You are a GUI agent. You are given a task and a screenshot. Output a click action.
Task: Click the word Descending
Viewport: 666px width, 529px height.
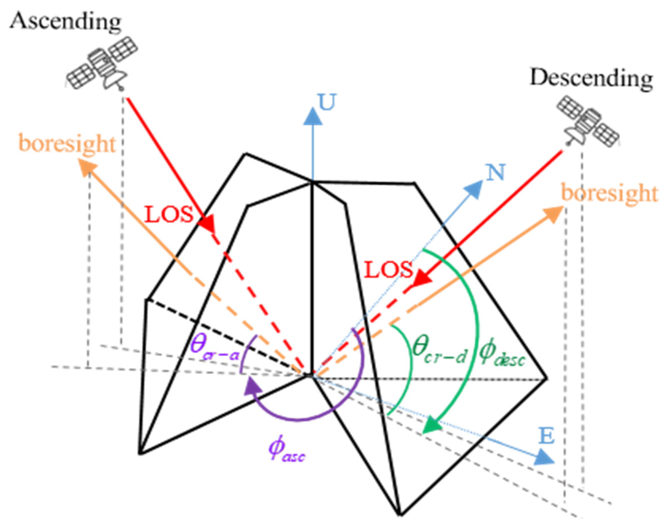click(x=591, y=78)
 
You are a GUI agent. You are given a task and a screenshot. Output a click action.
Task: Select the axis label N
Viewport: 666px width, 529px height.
click(x=496, y=172)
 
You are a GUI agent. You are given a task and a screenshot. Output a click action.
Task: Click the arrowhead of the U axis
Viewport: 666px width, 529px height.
click(x=313, y=117)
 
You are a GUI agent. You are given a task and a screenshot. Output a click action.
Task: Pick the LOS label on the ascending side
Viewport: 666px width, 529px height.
click(x=169, y=214)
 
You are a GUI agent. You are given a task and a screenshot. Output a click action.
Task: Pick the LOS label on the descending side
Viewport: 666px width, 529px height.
click(x=389, y=269)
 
